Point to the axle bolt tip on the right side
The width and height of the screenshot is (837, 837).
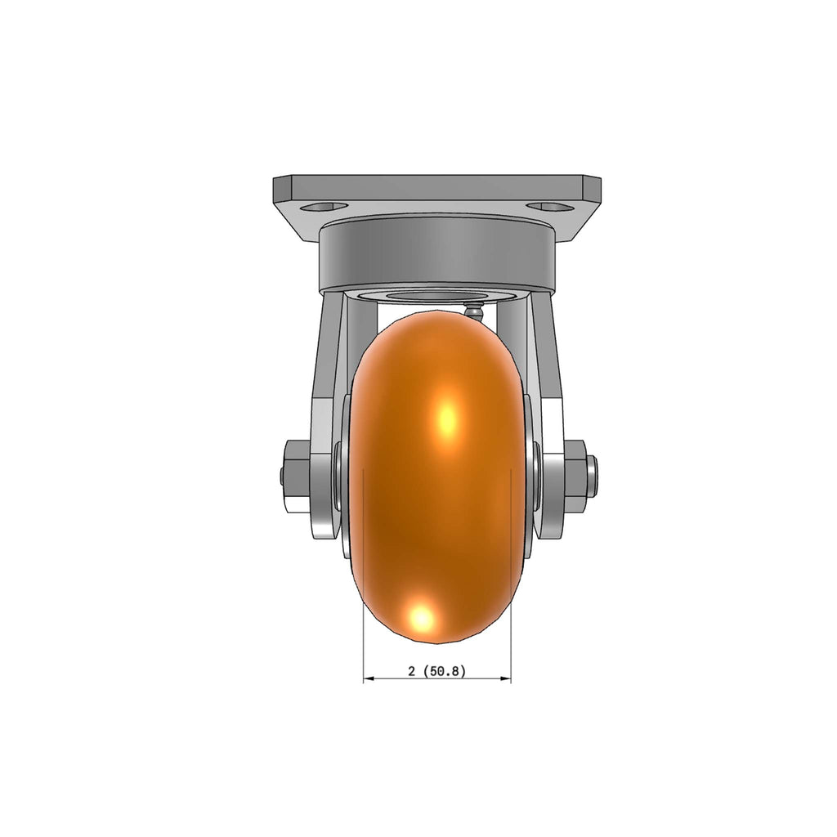pos(592,475)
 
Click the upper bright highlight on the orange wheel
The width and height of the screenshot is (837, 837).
pos(447,416)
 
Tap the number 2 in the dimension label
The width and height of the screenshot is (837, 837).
pos(412,672)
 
